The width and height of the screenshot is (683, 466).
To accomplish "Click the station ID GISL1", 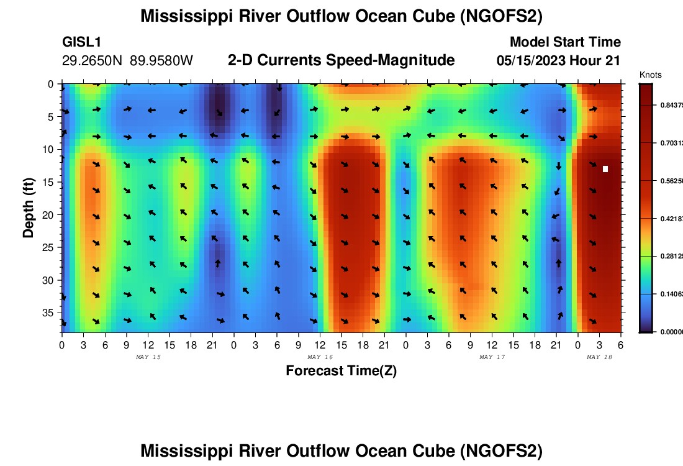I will [x=82, y=42].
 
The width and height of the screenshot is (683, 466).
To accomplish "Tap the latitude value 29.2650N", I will [x=93, y=61].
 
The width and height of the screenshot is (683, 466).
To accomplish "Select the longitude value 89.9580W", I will [x=161, y=61].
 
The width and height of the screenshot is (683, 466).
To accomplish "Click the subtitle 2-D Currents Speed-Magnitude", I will [x=341, y=60].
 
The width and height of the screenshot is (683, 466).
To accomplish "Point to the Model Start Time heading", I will [x=565, y=42].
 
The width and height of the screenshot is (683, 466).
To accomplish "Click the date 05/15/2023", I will [x=531, y=61].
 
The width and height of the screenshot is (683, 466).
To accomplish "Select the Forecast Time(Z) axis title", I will [x=341, y=371].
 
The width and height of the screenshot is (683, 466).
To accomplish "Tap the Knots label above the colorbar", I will [x=650, y=75].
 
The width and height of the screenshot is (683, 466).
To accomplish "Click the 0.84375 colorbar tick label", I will [x=671, y=105].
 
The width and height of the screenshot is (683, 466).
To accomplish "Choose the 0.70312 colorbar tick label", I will [x=671, y=143].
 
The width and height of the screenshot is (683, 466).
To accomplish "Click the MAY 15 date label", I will [x=148, y=357].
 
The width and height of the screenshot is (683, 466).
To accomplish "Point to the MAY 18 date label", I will [x=599, y=357].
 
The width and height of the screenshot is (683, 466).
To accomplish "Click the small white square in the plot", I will [x=605, y=168].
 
